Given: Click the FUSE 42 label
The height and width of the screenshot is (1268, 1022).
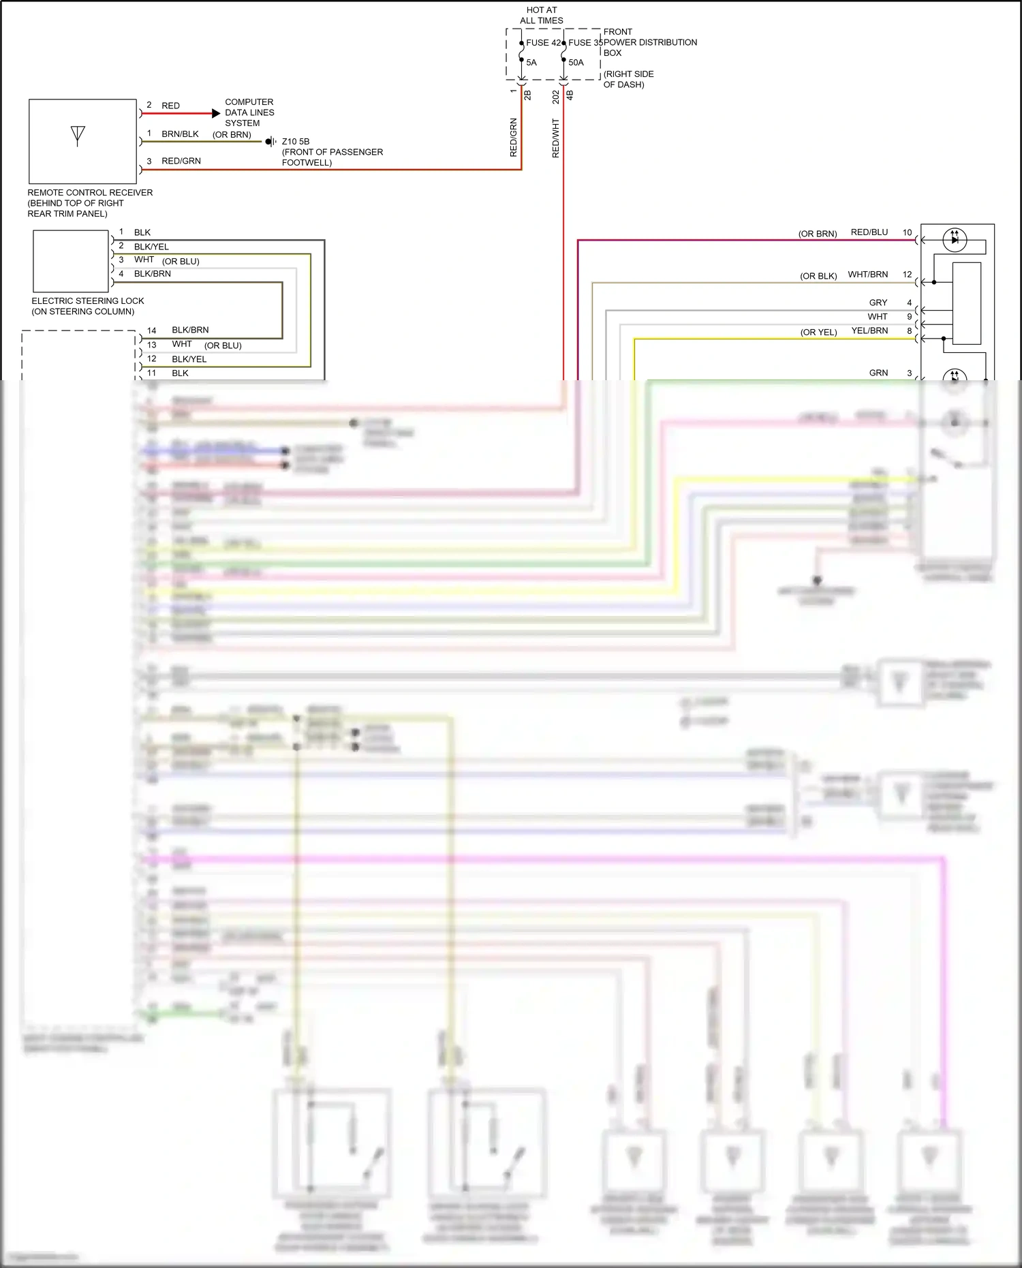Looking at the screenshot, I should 543,42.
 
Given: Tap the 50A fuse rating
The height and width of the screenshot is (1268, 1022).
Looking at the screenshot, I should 576,63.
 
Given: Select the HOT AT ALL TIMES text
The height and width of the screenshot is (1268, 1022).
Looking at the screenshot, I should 542,15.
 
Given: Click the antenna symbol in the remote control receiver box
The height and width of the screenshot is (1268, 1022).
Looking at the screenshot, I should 78,136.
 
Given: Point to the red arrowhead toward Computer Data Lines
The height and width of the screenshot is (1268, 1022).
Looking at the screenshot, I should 216,113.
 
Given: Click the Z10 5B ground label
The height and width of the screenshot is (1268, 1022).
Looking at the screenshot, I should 296,142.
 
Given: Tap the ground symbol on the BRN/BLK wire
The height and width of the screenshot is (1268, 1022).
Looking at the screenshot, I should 270,142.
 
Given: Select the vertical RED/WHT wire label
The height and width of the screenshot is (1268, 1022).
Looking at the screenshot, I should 555,138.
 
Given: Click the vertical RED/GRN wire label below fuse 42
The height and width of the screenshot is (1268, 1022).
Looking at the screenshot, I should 514,138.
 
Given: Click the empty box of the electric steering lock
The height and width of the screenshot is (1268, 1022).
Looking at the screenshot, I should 71,261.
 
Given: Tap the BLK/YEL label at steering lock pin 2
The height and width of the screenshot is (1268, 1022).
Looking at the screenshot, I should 151,247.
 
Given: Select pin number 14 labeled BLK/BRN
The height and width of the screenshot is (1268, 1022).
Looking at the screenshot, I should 151,330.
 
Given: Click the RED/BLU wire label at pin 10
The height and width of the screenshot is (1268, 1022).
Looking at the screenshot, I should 869,232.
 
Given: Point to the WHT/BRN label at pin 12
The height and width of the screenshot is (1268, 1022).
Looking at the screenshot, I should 867,275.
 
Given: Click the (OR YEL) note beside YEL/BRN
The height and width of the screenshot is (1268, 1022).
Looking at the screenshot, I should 818,333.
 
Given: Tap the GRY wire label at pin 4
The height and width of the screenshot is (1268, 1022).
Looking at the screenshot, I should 878,303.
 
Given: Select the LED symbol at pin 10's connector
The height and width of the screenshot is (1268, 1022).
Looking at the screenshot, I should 954,240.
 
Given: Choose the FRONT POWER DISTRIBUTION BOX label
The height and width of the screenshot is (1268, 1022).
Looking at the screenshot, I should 649,42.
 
